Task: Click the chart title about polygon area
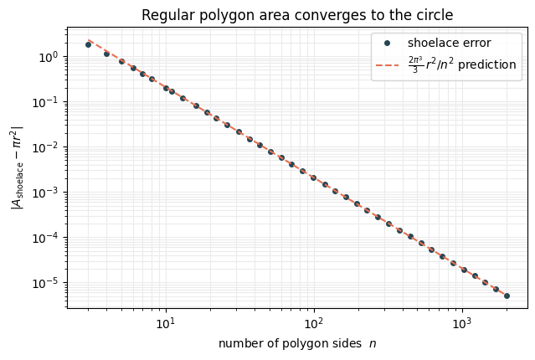[x=297, y=15]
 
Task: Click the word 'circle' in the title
[x=437, y=15]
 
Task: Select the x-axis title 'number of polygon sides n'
[x=297, y=343]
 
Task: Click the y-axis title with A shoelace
[x=17, y=167]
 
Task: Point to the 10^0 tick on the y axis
[x=49, y=57]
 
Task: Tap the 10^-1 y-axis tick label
[x=46, y=102]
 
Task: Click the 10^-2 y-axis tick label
[x=46, y=147]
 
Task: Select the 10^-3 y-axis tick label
[x=46, y=193]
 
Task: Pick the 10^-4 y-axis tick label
[x=46, y=238]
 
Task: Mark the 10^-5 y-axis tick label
[x=46, y=283]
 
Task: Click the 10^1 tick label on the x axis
[x=166, y=323]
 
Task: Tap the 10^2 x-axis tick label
[x=314, y=323]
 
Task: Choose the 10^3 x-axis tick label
[x=462, y=323]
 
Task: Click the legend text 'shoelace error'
[x=449, y=43]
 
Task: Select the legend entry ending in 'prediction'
[x=462, y=64]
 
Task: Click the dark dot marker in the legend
[x=387, y=44]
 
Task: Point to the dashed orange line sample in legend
[x=387, y=64]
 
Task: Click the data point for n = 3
[x=89, y=44]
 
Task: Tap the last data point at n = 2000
[x=507, y=296]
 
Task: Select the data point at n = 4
[x=107, y=54]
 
